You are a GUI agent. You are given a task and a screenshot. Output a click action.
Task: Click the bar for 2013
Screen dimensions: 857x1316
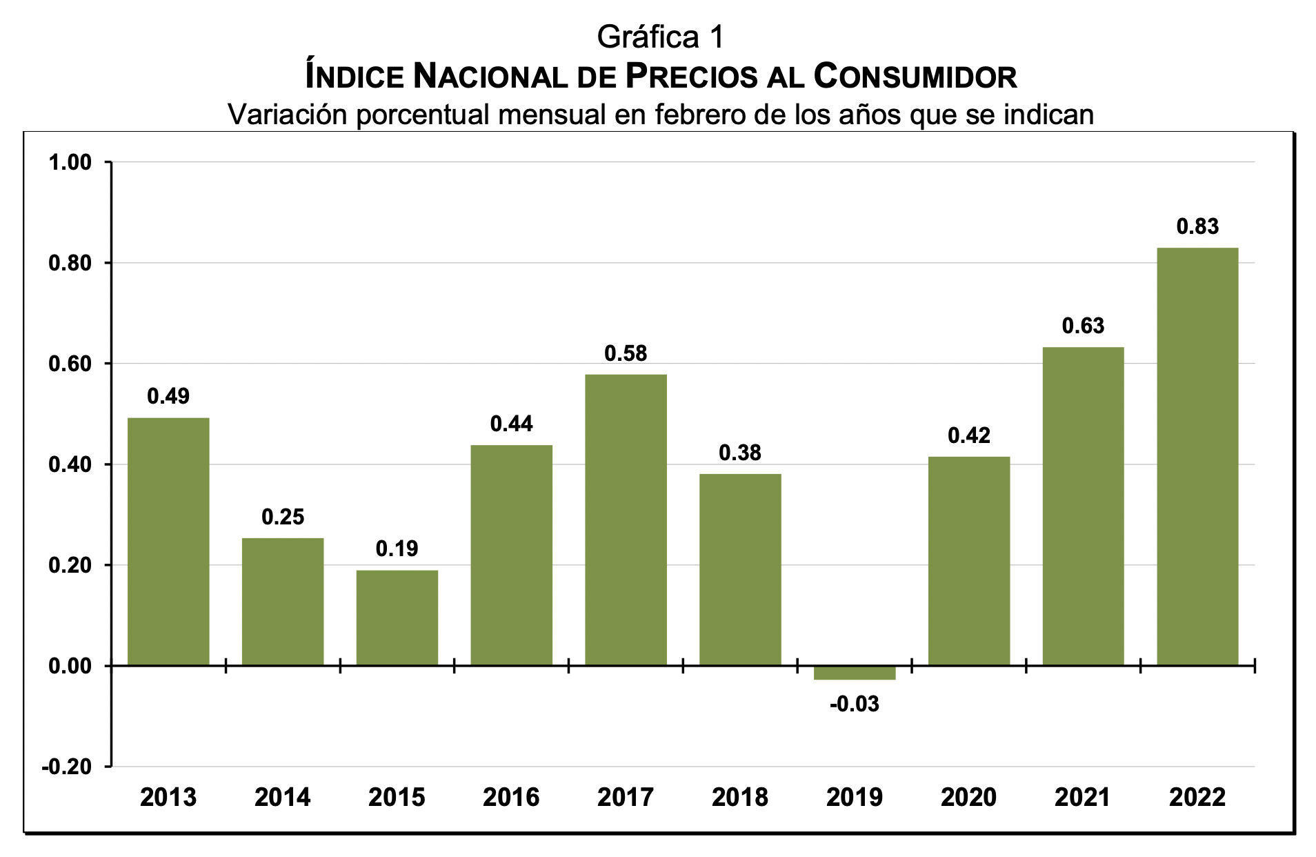click(x=168, y=542)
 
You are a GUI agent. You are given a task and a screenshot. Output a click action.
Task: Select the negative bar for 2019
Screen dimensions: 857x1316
click(x=854, y=673)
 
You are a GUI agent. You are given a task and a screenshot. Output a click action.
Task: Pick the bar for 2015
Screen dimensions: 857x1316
click(x=397, y=618)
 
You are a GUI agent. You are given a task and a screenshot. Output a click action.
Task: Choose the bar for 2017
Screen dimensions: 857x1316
click(x=626, y=520)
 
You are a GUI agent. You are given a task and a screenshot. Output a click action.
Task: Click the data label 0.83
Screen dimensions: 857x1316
click(x=1197, y=226)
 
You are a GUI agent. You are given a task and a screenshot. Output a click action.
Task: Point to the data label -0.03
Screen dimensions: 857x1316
click(x=854, y=705)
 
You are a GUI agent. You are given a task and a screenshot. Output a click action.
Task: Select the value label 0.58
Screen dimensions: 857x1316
click(x=626, y=353)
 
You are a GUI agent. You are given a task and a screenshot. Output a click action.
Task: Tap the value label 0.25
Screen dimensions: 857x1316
click(x=283, y=517)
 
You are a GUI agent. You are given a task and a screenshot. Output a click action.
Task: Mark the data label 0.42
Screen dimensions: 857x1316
click(x=968, y=435)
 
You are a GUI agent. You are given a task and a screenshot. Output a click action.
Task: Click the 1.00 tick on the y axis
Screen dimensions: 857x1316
click(x=70, y=163)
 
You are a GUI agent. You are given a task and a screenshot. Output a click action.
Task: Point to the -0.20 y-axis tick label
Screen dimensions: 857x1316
click(x=67, y=767)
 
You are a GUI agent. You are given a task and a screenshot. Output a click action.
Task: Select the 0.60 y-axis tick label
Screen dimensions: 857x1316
click(x=70, y=364)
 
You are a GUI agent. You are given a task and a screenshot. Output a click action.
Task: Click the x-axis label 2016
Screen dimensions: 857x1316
click(x=511, y=797)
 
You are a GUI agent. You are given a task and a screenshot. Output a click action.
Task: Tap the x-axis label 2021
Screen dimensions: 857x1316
click(x=1082, y=797)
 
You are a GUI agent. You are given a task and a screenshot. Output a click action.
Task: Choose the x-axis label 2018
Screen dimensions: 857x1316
click(x=739, y=797)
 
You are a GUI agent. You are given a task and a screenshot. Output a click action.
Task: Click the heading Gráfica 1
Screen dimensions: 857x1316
click(x=660, y=37)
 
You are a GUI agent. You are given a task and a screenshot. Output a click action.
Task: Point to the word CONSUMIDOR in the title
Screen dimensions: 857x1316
click(x=915, y=76)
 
